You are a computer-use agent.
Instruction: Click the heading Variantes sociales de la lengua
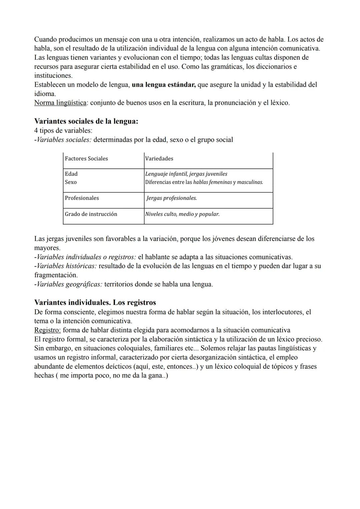pos(86,121)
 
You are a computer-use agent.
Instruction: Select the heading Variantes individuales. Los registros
pos(95,303)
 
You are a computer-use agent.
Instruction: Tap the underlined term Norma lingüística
pos(60,103)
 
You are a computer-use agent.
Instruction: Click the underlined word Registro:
pos(47,330)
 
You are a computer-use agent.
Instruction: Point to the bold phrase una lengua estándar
pos(164,85)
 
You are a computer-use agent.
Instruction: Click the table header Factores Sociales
pos(86,159)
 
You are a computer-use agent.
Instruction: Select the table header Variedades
pos(159,159)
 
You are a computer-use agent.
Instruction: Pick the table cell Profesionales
pos(82,198)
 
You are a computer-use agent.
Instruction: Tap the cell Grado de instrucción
pos(91,214)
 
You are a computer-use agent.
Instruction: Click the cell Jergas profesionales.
pos(171,198)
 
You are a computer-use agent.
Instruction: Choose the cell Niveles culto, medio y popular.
pos(182,214)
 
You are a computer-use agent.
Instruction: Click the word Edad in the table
pos(71,174)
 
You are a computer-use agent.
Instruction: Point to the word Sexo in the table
pos(71,182)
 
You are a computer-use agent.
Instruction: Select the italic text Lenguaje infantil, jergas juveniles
pos(186,174)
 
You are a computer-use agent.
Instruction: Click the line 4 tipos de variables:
pos(63,130)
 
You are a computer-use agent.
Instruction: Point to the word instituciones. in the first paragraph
pos(53,76)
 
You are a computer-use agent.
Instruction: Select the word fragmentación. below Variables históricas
pos(56,275)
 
